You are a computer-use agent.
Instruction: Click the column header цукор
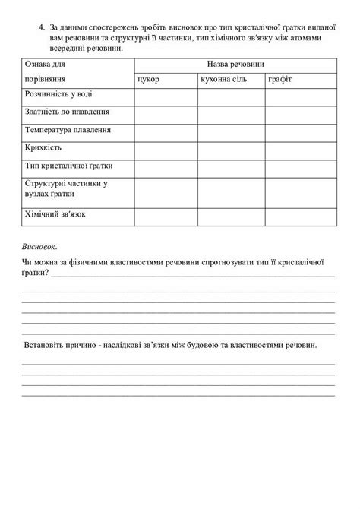click(x=148, y=78)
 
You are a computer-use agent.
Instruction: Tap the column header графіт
click(x=279, y=78)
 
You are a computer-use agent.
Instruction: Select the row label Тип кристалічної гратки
click(x=67, y=165)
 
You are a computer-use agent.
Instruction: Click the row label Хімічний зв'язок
click(x=55, y=215)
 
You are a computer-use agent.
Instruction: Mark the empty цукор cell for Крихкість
click(x=166, y=147)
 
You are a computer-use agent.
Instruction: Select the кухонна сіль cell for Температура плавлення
click(x=231, y=130)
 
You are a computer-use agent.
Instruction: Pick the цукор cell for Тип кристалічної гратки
click(x=166, y=166)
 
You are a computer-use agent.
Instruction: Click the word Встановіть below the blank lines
click(x=49, y=345)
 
